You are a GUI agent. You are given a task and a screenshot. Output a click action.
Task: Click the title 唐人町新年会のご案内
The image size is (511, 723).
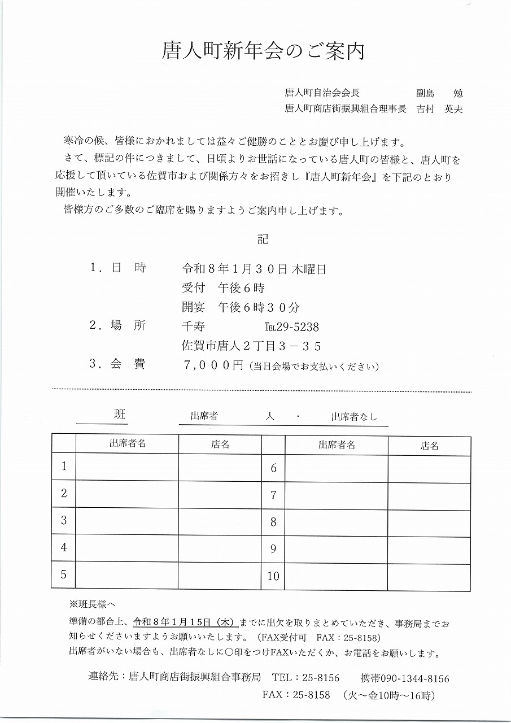point(263,51)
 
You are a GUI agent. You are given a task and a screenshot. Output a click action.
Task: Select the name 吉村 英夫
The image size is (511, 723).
point(440,110)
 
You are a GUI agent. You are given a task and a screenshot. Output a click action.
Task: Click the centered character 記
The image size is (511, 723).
point(263,239)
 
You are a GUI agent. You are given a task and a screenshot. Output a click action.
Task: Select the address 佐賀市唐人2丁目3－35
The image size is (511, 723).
point(251,346)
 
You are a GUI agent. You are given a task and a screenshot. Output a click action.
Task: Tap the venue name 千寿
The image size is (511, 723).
point(194,327)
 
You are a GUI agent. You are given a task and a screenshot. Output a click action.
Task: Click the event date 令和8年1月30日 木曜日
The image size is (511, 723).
point(254,269)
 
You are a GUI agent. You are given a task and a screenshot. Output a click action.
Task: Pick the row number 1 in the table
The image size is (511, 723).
point(64,467)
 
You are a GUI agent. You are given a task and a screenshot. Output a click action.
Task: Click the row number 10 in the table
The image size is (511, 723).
point(273,577)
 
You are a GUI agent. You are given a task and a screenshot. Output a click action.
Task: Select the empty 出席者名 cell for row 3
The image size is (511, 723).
point(127,521)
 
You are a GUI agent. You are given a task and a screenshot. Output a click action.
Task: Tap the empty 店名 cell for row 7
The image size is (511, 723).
point(429,495)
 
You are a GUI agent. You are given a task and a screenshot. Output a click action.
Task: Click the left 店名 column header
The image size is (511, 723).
point(220,444)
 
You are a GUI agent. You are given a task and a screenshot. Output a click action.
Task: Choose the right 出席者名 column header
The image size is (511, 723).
point(337,445)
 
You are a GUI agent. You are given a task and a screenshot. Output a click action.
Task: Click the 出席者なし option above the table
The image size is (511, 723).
point(354,417)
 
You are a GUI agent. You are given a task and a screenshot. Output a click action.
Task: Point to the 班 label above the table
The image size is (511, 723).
point(120,415)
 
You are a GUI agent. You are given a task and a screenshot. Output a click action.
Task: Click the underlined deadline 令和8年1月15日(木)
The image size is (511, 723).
point(185,623)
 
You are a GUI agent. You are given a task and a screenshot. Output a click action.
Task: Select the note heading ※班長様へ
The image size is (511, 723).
point(93,604)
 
